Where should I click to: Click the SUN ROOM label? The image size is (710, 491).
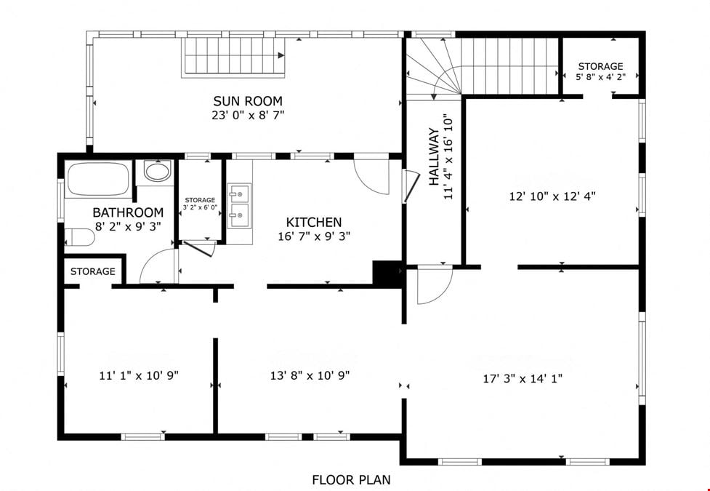[x=248, y=100]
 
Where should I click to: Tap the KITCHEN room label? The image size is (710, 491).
[x=314, y=222]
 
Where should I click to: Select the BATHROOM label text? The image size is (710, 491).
[x=128, y=212]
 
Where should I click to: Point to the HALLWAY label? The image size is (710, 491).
[x=435, y=157]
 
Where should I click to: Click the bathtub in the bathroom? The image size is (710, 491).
[x=99, y=179]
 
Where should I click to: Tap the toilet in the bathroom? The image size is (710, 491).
[x=79, y=236]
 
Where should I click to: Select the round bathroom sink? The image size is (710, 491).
[x=157, y=172]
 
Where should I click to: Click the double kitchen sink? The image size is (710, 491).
[x=238, y=206]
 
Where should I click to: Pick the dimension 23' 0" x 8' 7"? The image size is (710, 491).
[x=248, y=115]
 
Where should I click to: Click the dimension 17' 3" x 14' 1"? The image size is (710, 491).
[x=523, y=378]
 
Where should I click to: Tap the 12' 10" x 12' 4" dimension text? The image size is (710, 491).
[x=552, y=196]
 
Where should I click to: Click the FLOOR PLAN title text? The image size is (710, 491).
[x=352, y=479]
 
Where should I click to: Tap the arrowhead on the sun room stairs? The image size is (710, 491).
[x=281, y=55]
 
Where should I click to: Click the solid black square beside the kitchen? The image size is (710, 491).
[x=387, y=274]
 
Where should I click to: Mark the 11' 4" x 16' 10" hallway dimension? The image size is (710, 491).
[x=448, y=157]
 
